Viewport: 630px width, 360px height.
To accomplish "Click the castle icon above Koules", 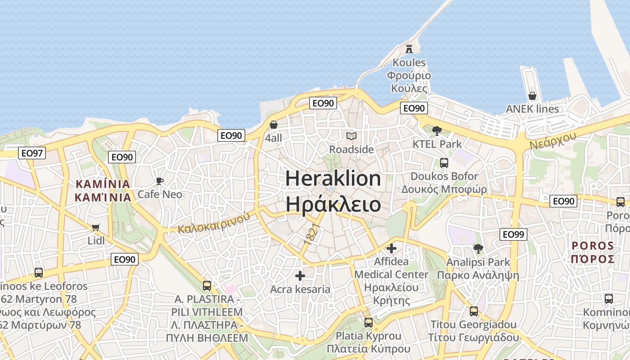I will point(409,49).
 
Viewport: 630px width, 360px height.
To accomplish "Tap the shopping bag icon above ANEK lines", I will point(532,96).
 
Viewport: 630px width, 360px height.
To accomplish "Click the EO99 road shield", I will point(513,234).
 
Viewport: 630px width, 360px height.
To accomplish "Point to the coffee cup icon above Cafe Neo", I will point(159,181).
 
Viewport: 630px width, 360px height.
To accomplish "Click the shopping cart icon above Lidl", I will point(95,227).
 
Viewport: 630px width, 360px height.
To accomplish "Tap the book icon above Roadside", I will point(351,136).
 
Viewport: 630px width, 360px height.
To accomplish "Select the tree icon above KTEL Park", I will point(436,131).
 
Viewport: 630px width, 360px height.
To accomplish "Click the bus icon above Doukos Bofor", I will point(444,162).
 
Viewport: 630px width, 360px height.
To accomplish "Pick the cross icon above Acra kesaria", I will point(300,275).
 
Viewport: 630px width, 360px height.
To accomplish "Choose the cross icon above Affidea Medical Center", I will point(391,248).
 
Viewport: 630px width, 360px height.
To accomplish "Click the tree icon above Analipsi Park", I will point(478,248).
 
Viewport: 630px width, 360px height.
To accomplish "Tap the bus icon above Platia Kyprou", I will point(369,323).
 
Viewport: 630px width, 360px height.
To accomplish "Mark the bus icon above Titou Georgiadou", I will point(474,311).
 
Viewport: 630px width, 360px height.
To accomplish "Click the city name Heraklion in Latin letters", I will point(333,179).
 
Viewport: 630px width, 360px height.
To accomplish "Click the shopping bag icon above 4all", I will point(274,125).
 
